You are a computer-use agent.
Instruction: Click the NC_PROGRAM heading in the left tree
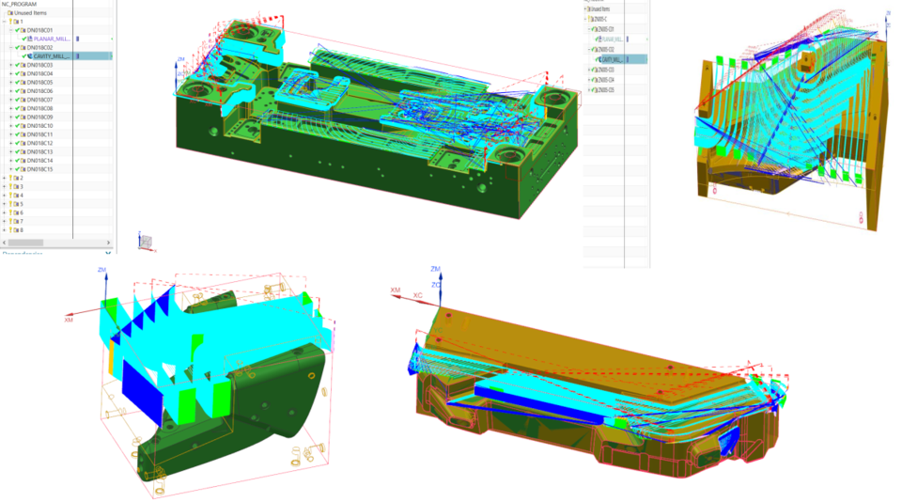click(20, 4)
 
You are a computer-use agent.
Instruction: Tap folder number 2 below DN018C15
click(21, 178)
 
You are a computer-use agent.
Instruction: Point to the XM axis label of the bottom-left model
click(69, 321)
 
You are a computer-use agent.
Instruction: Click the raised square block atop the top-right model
click(807, 66)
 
